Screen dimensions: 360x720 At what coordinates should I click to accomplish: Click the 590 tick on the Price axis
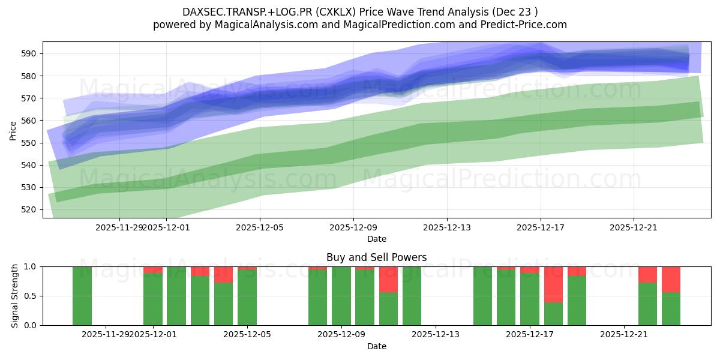click(32, 53)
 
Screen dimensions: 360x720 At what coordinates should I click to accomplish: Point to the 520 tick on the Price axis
click(32, 209)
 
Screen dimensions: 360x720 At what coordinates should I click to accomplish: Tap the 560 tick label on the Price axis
click(32, 121)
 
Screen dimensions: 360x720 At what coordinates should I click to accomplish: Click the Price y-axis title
click(13, 130)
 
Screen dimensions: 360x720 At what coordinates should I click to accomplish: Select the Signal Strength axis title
click(15, 296)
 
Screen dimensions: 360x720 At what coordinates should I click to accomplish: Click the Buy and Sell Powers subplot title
click(376, 257)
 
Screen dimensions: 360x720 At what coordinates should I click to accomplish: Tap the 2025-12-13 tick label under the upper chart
click(447, 227)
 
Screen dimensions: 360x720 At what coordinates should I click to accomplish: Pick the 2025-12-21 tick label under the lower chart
click(625, 335)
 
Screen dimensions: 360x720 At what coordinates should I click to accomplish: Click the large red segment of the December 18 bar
click(553, 284)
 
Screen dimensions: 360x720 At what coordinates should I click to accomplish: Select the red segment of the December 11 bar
click(388, 279)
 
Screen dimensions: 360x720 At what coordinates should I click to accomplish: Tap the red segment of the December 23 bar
click(671, 279)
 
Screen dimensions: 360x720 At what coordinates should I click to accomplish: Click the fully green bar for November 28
click(82, 296)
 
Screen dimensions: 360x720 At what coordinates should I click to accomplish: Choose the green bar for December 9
click(341, 296)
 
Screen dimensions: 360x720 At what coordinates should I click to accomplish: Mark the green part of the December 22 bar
click(647, 304)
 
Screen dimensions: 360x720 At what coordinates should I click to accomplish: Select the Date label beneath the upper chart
click(376, 239)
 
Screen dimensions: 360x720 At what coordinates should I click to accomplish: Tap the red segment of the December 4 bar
click(223, 274)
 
